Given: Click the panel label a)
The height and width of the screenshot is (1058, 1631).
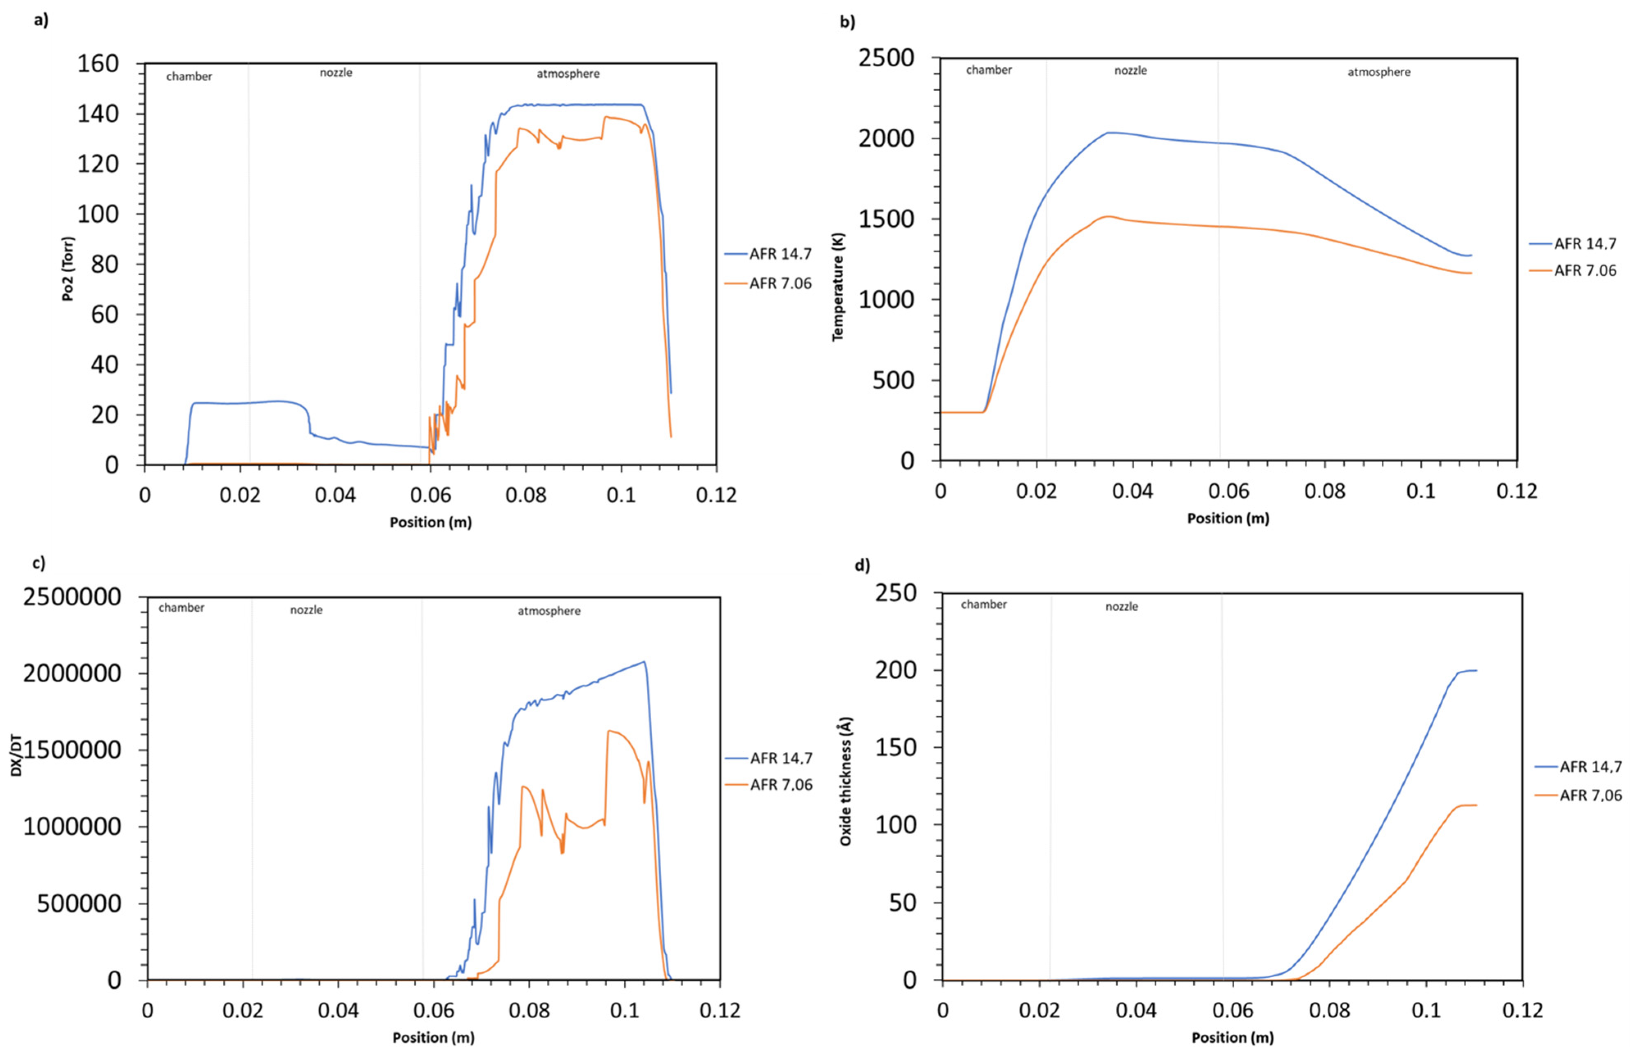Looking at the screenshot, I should [x=41, y=20].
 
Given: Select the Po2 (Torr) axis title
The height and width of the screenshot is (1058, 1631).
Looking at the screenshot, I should [x=68, y=269].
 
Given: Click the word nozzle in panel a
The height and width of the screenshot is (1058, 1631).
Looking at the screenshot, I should [x=336, y=73].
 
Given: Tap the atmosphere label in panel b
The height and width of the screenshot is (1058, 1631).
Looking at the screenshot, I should [x=1379, y=72].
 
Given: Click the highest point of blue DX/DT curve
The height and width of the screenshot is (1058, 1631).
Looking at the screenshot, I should [x=644, y=662].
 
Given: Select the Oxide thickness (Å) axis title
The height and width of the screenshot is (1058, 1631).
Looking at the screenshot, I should [x=846, y=781].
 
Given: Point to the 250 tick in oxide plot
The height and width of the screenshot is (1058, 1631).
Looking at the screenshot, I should [x=896, y=593].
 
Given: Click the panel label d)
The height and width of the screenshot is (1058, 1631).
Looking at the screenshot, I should [x=862, y=565].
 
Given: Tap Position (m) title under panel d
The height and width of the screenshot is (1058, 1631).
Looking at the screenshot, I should [x=1232, y=1038].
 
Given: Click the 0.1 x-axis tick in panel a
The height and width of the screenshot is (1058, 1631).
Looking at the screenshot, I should [x=621, y=495].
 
